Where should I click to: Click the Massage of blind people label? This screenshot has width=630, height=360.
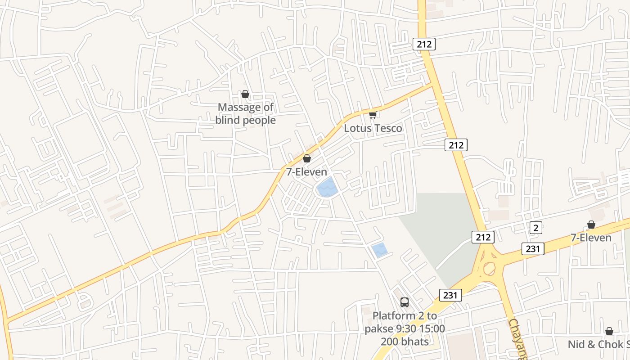(x=245, y=114)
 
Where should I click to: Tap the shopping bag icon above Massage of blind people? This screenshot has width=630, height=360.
(x=245, y=94)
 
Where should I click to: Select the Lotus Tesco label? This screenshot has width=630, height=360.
(x=373, y=128)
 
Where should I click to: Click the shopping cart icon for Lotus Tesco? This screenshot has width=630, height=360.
(x=373, y=115)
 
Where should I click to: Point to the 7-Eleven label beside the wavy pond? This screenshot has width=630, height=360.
(x=306, y=172)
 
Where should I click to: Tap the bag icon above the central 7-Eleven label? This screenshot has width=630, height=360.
(x=306, y=158)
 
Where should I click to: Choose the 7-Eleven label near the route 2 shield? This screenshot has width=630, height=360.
(x=591, y=238)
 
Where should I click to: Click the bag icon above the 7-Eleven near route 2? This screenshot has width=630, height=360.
(x=591, y=225)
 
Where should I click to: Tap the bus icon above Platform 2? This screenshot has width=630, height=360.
(x=405, y=302)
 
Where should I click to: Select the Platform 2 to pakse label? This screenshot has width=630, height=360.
(x=405, y=322)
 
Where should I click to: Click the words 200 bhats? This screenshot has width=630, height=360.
(x=405, y=342)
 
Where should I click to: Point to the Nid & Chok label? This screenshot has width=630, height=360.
(x=598, y=345)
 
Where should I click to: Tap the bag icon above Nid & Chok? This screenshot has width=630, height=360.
(x=609, y=331)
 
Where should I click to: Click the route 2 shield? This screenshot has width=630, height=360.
(x=535, y=228)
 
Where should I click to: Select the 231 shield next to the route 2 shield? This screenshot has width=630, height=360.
(x=533, y=248)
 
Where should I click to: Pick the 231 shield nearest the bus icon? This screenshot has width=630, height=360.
(x=450, y=295)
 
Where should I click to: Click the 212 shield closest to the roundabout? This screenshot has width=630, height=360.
(x=483, y=237)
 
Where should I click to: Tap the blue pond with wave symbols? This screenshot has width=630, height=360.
(x=327, y=188)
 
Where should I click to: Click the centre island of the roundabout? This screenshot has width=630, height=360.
(x=489, y=269)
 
